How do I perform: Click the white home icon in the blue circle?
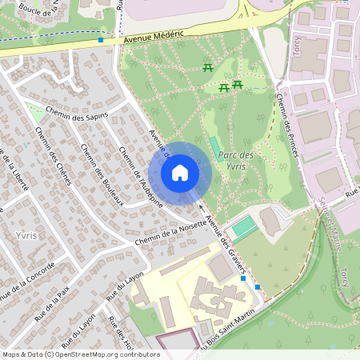coord(180,173)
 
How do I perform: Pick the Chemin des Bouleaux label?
coord(101,174)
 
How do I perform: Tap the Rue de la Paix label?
coord(52,305)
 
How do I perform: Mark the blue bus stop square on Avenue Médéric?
coord(101,39)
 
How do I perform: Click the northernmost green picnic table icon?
coord(208,66)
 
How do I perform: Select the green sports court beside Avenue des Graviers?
coord(246,226)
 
